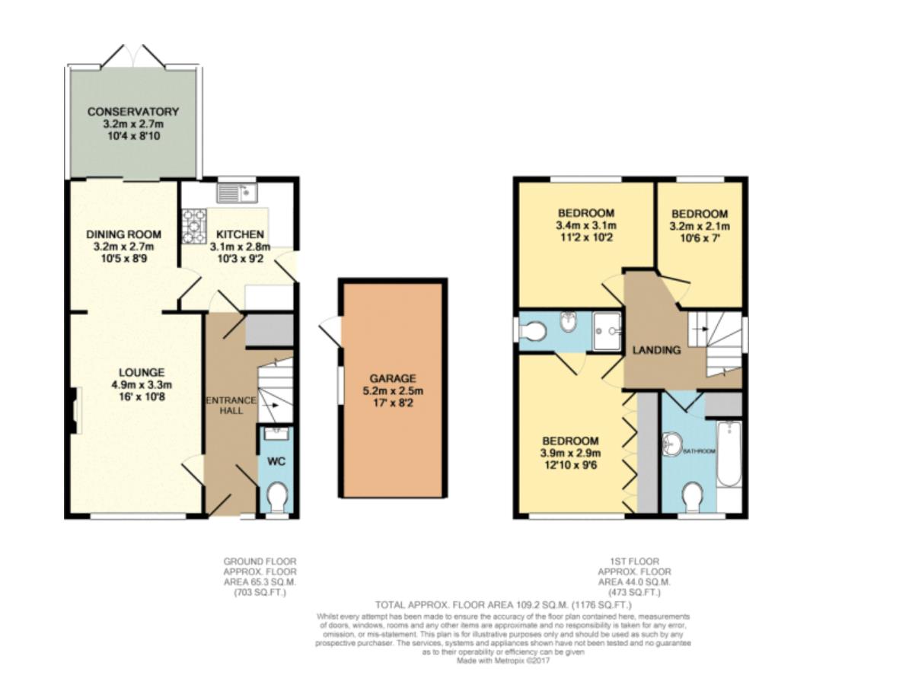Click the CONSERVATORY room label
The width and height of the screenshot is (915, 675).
point(132,112)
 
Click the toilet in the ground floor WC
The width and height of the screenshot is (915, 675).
point(277,496)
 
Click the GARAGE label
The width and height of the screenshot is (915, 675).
point(393,378)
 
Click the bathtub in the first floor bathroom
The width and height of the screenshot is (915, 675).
point(728,454)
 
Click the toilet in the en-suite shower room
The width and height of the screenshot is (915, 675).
point(534,332)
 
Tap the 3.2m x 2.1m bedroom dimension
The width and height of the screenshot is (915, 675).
point(700,226)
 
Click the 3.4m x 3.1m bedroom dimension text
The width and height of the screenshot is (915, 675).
point(586,225)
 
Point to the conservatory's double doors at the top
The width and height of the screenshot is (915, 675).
point(132,55)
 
